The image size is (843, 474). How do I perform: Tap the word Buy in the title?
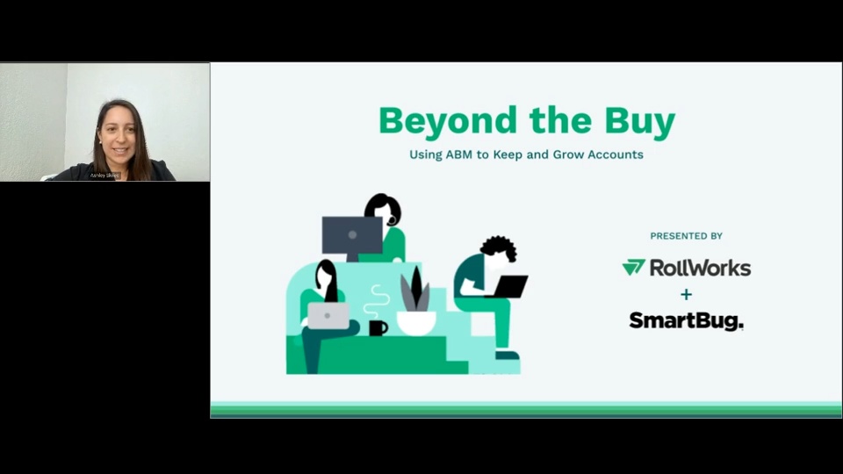tap(640, 121)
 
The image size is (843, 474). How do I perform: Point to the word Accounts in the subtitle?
tap(610, 154)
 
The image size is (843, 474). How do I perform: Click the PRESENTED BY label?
tap(686, 236)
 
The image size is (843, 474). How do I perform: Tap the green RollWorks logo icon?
tap(633, 268)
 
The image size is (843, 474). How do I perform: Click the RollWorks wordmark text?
tap(700, 268)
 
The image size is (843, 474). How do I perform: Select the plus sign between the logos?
tap(686, 294)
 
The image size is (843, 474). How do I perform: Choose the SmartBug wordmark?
tap(686, 321)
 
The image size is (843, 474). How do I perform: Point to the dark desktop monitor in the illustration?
tap(352, 235)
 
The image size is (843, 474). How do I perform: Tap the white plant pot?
tap(415, 323)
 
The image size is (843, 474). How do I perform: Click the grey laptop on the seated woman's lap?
tap(328, 315)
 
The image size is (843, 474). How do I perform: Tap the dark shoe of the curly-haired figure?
tap(507, 355)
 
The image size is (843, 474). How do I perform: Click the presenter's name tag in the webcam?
tap(104, 175)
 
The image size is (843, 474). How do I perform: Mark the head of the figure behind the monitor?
tap(384, 209)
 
